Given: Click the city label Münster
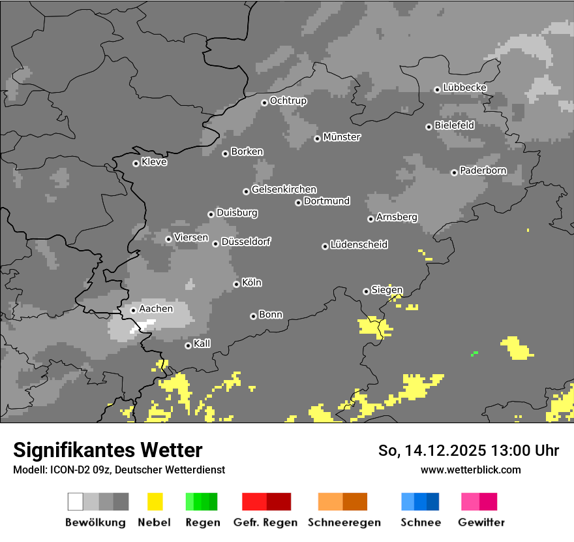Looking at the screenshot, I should (342, 137).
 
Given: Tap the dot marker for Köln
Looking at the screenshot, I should (236, 284).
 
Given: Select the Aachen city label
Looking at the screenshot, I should (157, 309).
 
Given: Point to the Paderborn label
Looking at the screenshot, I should (483, 170).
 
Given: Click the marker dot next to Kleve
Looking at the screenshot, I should (136, 163).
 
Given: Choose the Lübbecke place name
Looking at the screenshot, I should (465, 88).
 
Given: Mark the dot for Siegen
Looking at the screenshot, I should (366, 291).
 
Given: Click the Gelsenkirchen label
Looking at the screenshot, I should (284, 189).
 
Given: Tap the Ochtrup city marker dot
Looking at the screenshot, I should (264, 102).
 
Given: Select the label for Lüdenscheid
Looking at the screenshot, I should (359, 245).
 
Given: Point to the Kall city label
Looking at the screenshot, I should (202, 343).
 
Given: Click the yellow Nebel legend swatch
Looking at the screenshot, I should (155, 502).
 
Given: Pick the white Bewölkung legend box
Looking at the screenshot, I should (75, 502).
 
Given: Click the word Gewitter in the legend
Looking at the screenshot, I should (481, 522).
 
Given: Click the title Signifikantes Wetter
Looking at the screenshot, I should (108, 450).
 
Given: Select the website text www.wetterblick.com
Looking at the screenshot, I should (471, 470).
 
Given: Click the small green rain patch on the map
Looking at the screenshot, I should (475, 353).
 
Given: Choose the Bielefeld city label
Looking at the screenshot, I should (455, 125).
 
